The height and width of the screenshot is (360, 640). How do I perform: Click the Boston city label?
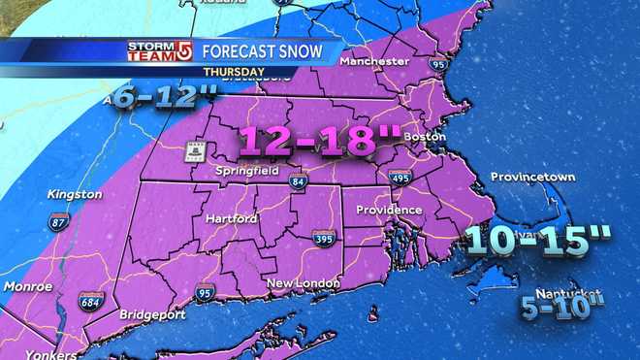tap(424, 138)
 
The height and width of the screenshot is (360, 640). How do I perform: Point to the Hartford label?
tap(232, 219)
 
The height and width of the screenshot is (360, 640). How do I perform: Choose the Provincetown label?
tap(532, 178)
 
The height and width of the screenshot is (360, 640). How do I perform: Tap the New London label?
tap(304, 283)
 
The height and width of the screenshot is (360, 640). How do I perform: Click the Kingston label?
tap(75, 194)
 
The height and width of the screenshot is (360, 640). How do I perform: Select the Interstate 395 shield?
tap(325, 239)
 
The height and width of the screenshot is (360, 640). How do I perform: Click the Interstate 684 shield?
tap(90, 302)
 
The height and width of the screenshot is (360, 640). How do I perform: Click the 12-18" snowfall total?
tap(308, 141)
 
